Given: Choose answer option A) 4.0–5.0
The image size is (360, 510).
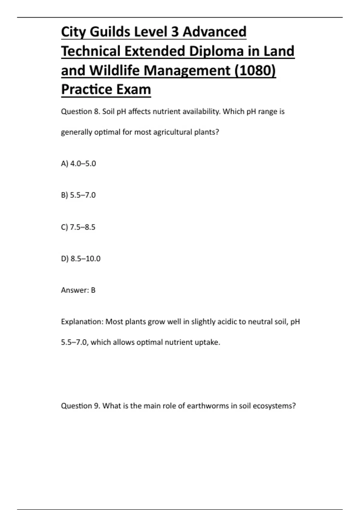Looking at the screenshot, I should point(78,163).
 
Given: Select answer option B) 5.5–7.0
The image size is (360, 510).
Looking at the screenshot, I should point(78,195).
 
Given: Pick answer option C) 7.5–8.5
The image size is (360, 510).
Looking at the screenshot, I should point(78,227).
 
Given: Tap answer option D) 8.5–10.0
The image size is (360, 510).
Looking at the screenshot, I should point(81,259).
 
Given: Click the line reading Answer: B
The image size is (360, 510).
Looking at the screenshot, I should point(78,290).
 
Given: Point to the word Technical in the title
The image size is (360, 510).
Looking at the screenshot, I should point(91,51).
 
